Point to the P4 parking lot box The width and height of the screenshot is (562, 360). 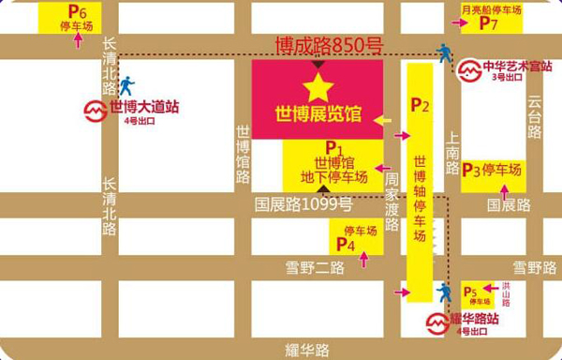point(355,238)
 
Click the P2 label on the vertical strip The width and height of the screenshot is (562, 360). point(420,106)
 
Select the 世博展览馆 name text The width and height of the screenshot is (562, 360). point(318,115)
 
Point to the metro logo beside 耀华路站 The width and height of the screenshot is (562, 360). point(438,323)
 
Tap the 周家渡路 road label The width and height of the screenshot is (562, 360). point(392,202)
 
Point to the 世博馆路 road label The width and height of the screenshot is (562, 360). point(243,155)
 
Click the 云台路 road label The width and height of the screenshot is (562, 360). point(535,117)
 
